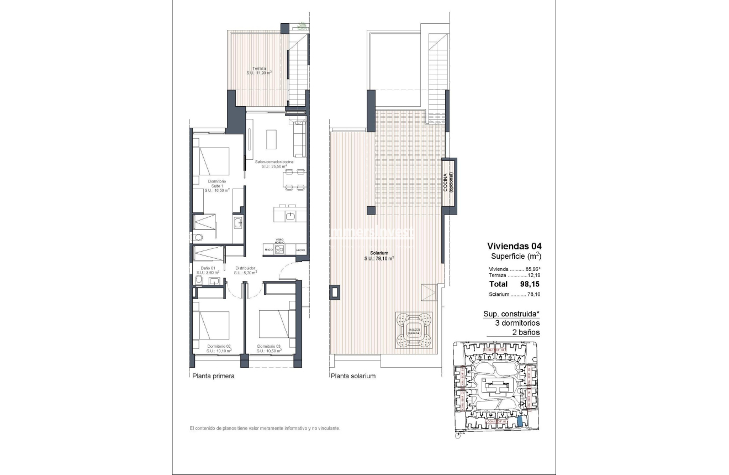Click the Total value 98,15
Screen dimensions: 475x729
pos(529,284)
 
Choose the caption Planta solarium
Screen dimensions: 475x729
pos(353,376)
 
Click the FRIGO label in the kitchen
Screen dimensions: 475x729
pos(268,250)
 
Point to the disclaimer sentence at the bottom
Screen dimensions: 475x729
pos(265,429)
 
